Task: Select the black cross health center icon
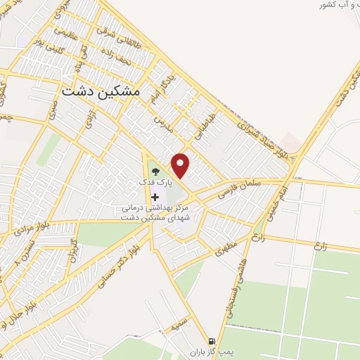coord(155,196)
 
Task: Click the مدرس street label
coord(163,123)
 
